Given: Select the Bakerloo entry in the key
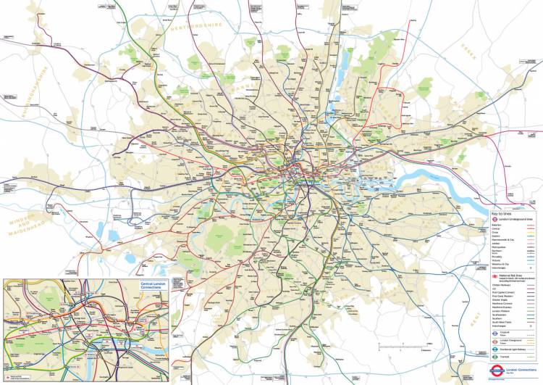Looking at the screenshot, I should point(496,225).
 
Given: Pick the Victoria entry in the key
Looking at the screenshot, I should point(496,260).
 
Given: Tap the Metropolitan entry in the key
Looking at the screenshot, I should point(497,245).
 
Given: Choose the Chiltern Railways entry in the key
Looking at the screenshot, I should point(500,286).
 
